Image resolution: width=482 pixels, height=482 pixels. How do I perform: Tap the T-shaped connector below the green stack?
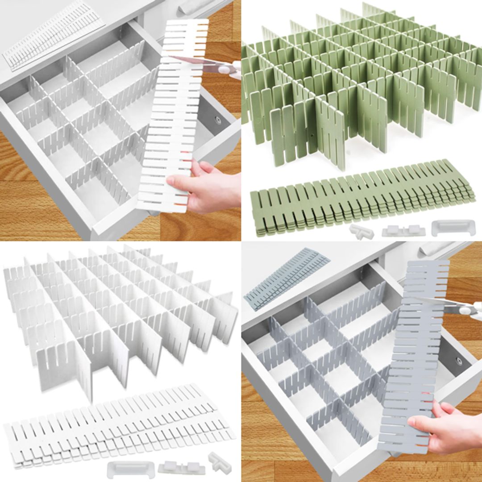coord(361,231)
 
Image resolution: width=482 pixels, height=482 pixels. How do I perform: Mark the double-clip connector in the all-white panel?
coord(181,467)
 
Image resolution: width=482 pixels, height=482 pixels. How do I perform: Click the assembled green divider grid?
coord(357,80)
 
